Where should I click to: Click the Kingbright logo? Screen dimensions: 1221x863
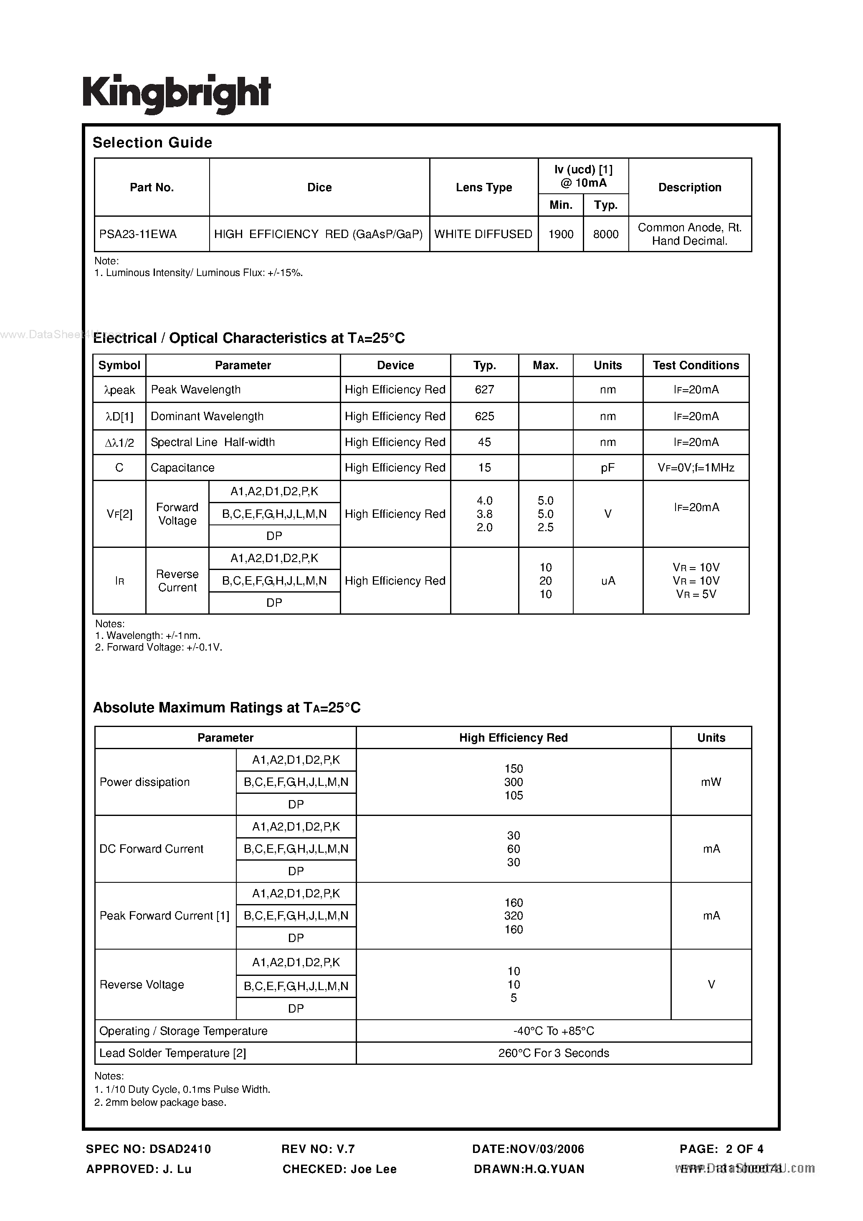click(x=177, y=94)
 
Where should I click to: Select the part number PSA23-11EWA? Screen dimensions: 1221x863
click(x=138, y=234)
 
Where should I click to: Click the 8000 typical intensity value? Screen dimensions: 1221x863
click(x=606, y=234)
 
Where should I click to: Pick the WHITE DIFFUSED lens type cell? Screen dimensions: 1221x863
click(x=483, y=234)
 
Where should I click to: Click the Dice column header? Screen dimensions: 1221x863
click(x=319, y=187)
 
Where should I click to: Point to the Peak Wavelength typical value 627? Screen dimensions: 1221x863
click(x=484, y=390)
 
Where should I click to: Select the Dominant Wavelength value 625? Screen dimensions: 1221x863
click(x=484, y=416)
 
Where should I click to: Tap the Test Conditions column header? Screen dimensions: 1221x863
click(x=696, y=365)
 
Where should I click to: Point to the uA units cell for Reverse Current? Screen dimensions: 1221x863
click(x=608, y=581)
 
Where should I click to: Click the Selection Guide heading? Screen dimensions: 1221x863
click(x=153, y=142)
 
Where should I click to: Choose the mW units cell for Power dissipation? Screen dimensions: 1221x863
click(x=711, y=782)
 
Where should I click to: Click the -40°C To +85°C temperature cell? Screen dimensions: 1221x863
click(x=554, y=1031)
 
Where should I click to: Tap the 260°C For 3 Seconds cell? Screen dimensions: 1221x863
click(x=554, y=1053)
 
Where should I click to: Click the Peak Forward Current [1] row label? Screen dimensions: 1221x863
click(x=165, y=916)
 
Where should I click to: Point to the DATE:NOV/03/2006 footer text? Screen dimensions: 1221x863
click(x=528, y=1149)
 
